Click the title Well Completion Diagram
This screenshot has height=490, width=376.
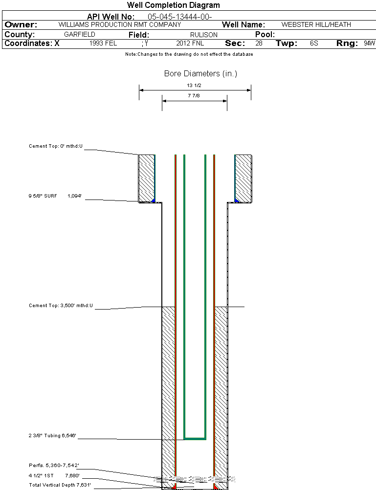coord(173,5)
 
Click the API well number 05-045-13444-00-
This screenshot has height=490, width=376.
coord(179,17)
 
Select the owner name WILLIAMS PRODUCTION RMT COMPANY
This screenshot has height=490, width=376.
coord(119,24)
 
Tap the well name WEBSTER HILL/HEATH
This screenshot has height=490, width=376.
coord(316,24)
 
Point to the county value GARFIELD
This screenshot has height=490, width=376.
coord(80,35)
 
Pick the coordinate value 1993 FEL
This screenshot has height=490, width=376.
coord(103,44)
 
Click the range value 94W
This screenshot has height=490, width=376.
coord(369,44)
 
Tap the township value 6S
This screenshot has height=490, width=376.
coord(314,44)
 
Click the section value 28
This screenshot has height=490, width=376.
coord(259,44)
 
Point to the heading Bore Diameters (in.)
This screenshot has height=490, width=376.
coord(200,74)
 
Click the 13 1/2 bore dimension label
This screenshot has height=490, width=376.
coord(195,85)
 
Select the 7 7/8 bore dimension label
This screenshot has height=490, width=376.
coord(195,96)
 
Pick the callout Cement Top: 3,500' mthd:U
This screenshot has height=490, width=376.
coord(61,306)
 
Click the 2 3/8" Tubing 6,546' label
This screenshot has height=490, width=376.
coord(52,435)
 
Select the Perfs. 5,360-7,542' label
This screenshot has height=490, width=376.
coord(54,465)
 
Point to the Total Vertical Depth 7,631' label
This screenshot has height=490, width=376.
coord(60,485)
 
